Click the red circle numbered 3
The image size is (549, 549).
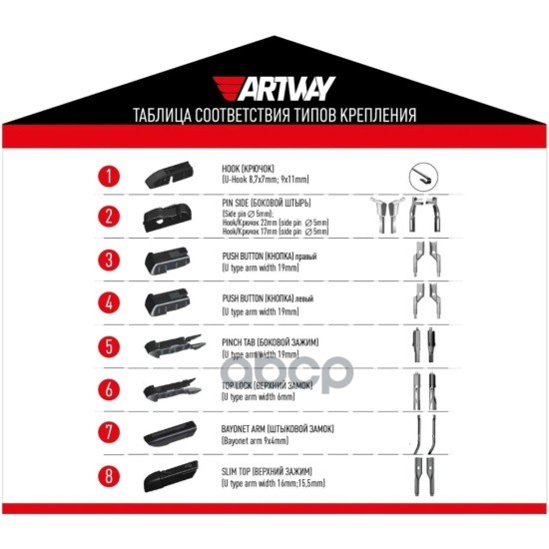(x=111, y=263)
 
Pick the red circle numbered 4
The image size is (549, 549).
(x=111, y=305)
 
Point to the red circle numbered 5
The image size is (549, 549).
(x=111, y=348)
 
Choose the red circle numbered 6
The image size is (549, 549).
(x=111, y=390)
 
